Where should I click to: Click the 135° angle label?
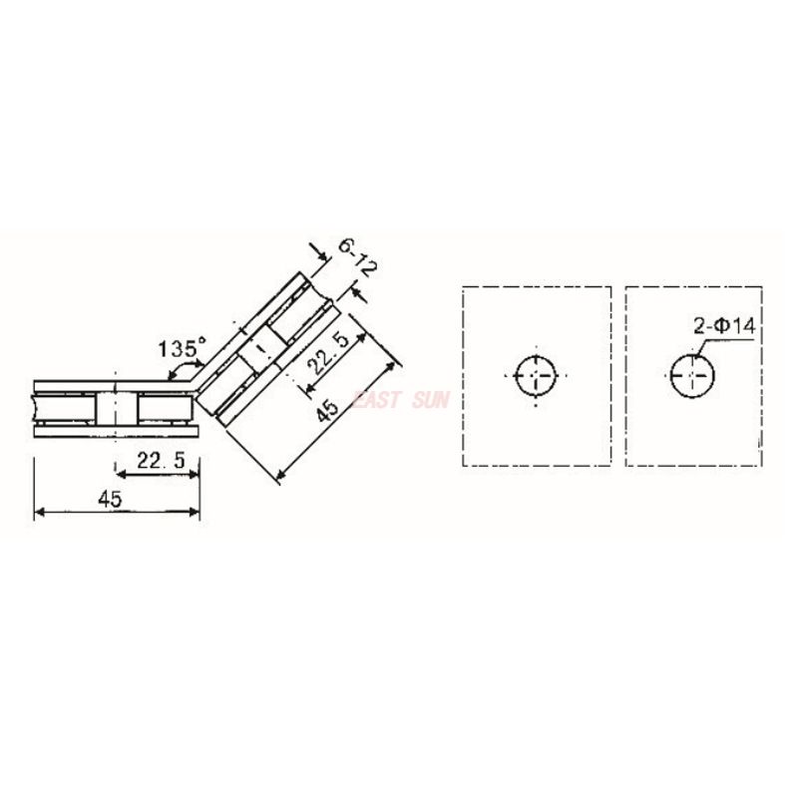181,348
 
